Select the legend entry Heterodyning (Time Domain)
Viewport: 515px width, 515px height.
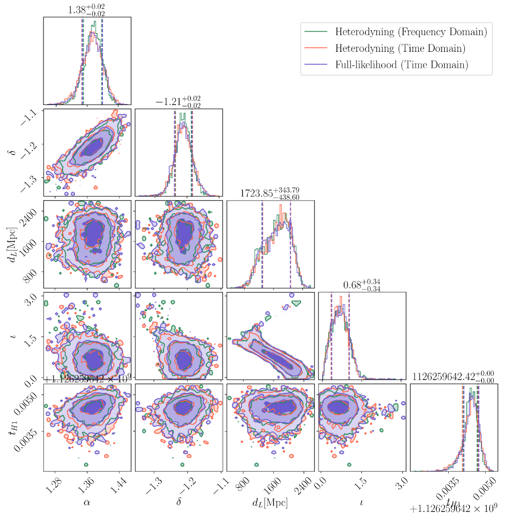[x=400, y=48]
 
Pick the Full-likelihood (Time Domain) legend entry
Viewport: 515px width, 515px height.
[x=402, y=65]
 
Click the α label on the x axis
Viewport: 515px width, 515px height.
[x=87, y=501]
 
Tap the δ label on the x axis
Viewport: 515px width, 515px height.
[x=178, y=501]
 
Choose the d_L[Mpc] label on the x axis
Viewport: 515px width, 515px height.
[x=269, y=501]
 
